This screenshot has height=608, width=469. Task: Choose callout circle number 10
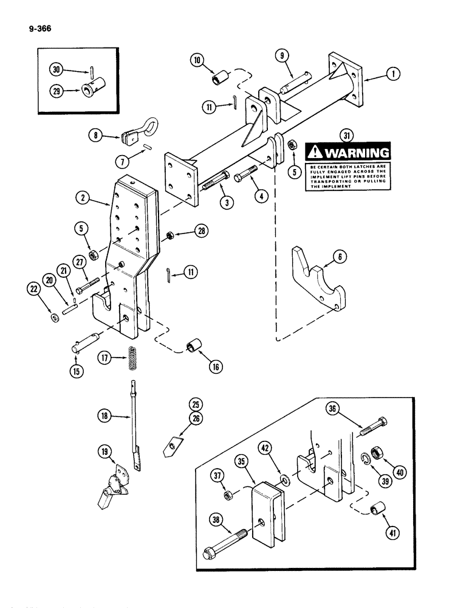pyautogui.click(x=197, y=60)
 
